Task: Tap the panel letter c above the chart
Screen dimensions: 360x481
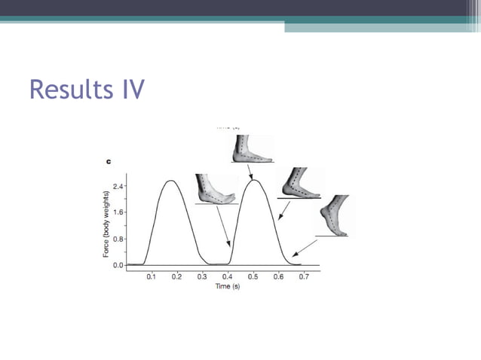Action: click(108, 161)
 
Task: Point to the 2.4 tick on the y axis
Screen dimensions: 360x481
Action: click(118, 185)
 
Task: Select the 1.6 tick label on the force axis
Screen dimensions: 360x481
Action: click(118, 212)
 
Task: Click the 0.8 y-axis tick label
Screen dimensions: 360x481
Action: click(118, 239)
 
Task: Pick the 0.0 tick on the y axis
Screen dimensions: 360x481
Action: click(118, 265)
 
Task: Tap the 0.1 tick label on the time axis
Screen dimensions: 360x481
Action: click(152, 277)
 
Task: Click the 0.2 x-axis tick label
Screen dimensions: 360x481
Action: click(176, 277)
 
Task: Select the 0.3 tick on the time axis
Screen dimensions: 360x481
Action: click(202, 277)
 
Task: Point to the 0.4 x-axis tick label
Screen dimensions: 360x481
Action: click(228, 277)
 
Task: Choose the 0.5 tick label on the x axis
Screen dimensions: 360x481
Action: click(253, 277)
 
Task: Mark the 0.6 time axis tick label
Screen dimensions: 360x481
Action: click(278, 277)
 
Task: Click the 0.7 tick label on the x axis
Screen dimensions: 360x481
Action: click(304, 277)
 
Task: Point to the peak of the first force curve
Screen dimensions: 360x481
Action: click(172, 181)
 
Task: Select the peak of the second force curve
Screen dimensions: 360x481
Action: click(255, 181)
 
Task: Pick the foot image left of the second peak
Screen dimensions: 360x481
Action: click(216, 189)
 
